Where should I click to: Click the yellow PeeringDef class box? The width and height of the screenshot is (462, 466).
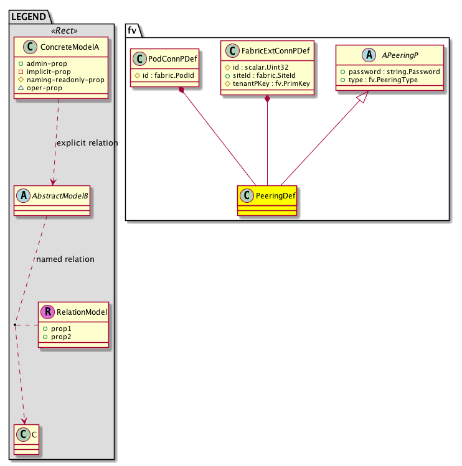[266, 200]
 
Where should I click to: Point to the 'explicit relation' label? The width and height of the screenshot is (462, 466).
[87, 143]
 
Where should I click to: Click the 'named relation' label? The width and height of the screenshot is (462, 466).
[65, 259]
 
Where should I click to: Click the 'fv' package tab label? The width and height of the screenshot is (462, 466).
[132, 29]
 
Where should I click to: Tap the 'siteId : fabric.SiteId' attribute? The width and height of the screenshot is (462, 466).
[265, 76]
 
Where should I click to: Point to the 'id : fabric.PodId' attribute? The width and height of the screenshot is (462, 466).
[166, 76]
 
